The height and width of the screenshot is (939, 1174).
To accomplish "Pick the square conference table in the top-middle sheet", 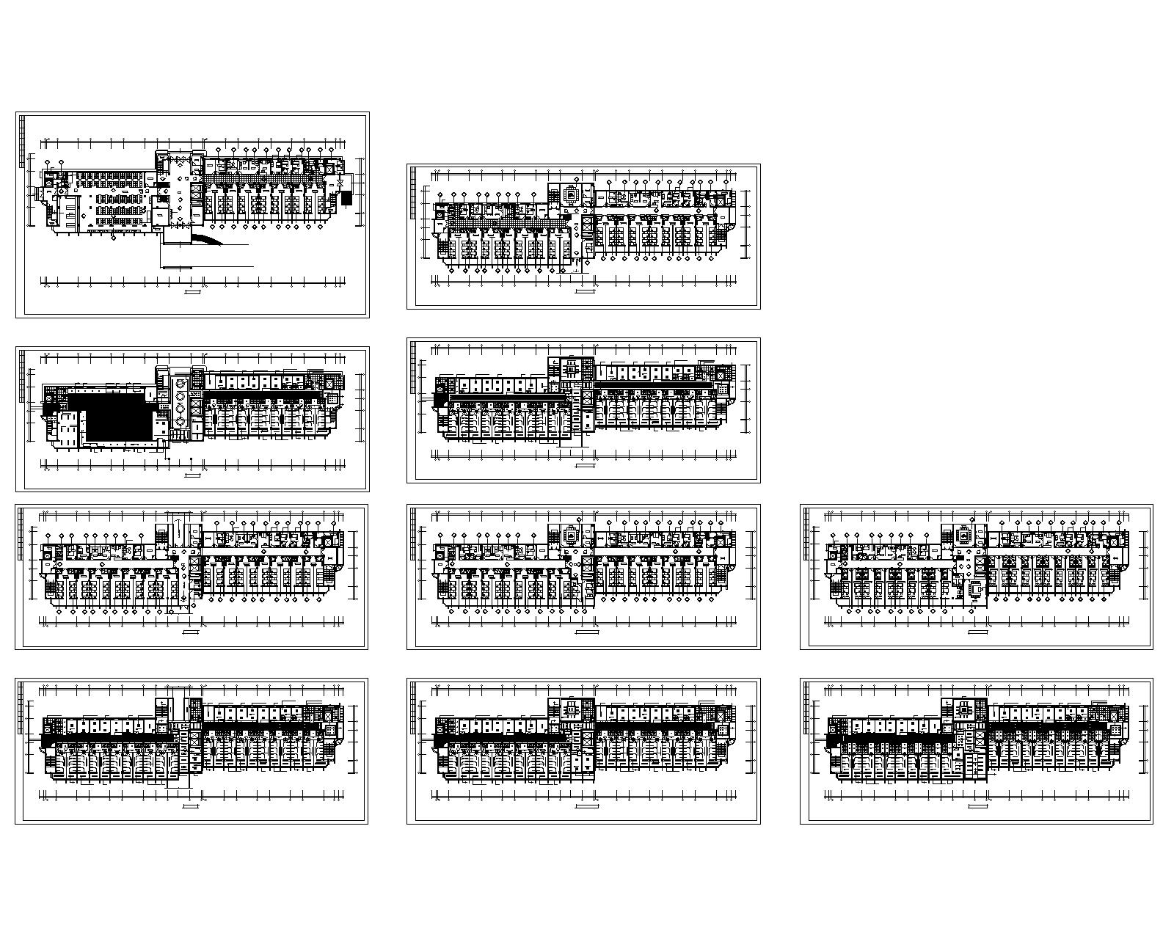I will [571, 194].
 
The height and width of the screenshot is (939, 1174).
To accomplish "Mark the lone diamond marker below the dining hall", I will [112, 238].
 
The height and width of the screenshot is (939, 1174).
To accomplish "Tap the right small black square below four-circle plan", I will [192, 461].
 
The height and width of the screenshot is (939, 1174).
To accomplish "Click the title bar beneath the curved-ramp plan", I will [192, 293].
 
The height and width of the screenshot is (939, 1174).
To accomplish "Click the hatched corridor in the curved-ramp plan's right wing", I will [257, 176].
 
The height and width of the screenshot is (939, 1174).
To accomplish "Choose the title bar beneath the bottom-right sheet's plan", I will [977, 806].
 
